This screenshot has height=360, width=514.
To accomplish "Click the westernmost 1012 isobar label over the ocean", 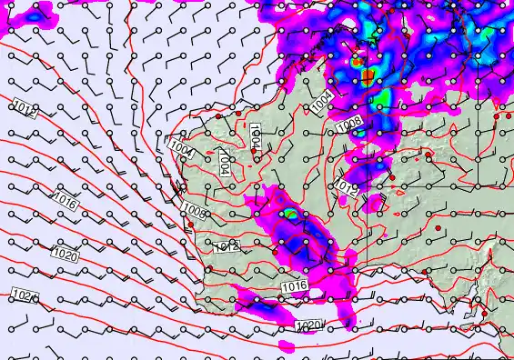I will pos(25,110).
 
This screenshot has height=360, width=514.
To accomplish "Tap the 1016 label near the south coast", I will pos(294,286).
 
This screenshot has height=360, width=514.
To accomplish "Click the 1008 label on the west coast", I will pos(193,211).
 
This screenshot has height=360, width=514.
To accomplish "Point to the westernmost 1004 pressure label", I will pos(181,145).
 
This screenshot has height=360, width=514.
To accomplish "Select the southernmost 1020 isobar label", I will pos(309,326).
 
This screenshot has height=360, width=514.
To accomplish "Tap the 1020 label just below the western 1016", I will pos(64,253).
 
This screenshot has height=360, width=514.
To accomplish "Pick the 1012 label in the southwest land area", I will pos(227,246).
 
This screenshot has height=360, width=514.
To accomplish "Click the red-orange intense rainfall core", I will pos(367,75).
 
